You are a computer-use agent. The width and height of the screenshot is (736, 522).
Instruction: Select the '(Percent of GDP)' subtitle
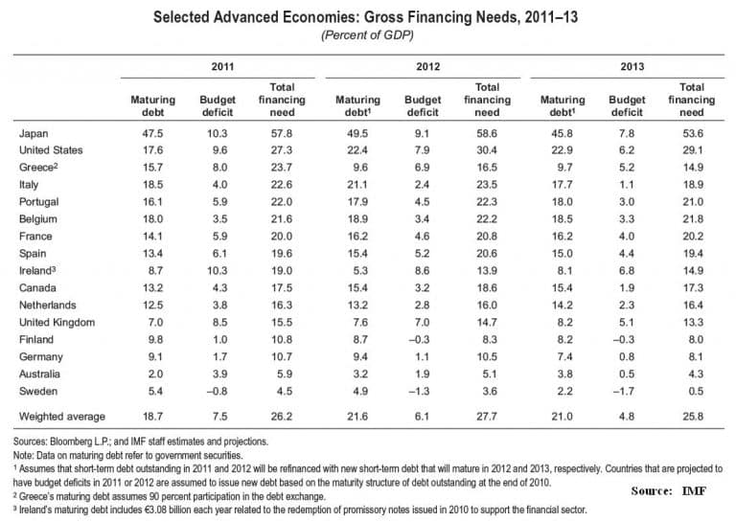coord(368,36)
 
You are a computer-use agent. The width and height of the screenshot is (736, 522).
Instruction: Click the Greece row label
coord(39,168)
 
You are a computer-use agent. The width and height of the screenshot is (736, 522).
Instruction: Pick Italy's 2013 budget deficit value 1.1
coord(625,185)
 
